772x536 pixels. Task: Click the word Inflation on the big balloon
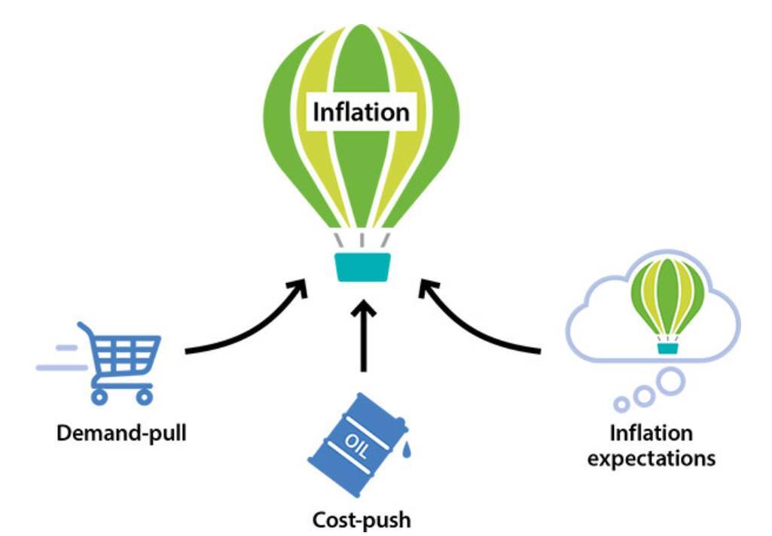(x=361, y=113)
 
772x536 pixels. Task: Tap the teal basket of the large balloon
(x=363, y=267)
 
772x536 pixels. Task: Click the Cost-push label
(x=362, y=519)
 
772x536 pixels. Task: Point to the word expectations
(x=651, y=458)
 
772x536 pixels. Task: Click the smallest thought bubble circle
(x=621, y=405)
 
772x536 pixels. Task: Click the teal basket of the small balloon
(x=667, y=348)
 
